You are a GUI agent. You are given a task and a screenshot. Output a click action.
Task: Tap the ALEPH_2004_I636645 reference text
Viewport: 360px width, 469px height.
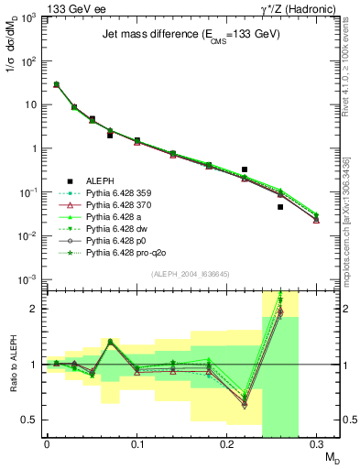pos(179,272)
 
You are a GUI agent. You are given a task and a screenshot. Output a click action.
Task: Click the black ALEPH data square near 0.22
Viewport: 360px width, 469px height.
pos(245,169)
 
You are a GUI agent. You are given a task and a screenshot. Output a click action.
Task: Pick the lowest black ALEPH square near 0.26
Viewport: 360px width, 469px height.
pos(280,207)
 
